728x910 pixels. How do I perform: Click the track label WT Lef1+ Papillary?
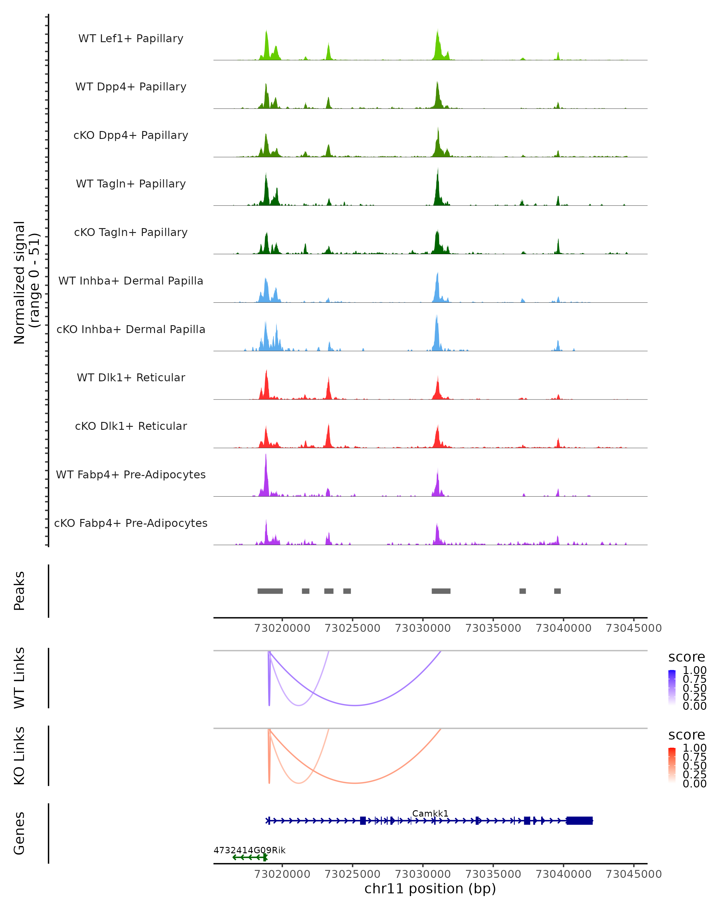coord(131,39)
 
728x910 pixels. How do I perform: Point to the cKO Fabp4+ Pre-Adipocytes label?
coord(131,523)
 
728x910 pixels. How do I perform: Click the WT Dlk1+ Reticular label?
coord(131,377)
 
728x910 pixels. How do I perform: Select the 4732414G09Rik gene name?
coord(249,850)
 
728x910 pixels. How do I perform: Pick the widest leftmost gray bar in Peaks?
coord(270,591)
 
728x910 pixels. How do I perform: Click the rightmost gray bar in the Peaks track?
coord(558,591)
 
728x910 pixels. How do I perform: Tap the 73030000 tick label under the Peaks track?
coord(423,628)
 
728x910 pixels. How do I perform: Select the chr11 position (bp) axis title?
coord(430,888)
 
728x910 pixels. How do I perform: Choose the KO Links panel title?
coord(19,756)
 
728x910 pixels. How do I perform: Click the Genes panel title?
coord(19,833)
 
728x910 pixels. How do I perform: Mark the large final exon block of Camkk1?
coord(579,821)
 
